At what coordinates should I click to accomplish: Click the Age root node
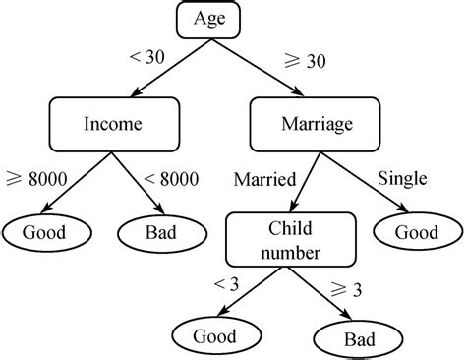[x=208, y=19]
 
